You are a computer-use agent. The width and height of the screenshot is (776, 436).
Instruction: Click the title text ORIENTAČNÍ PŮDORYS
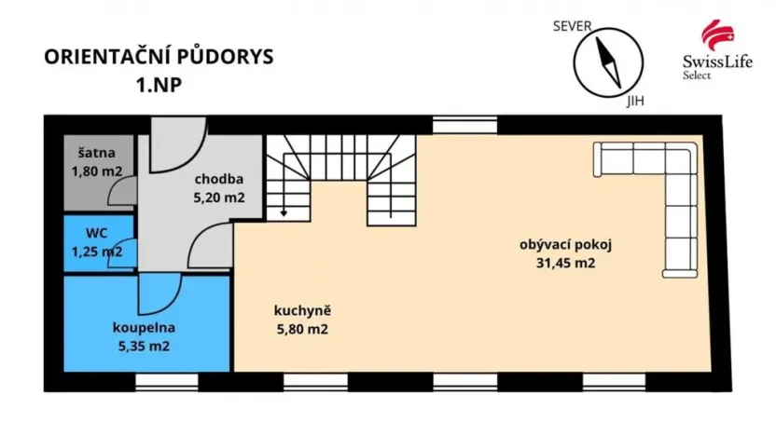(x=159, y=57)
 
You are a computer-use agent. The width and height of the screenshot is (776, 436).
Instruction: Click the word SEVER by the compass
(x=573, y=26)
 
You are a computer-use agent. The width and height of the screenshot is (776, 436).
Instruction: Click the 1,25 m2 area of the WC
(x=97, y=252)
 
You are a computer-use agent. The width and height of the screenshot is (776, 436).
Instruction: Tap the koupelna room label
(x=143, y=328)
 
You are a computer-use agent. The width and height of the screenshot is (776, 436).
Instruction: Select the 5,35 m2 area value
(x=143, y=346)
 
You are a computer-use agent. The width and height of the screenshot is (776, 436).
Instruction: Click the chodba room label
(x=219, y=180)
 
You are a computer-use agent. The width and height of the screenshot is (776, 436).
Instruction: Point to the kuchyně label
(x=302, y=311)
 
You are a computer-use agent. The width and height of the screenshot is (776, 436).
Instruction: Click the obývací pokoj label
(x=558, y=245)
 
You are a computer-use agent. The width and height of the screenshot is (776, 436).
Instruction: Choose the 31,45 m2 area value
(x=558, y=263)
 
